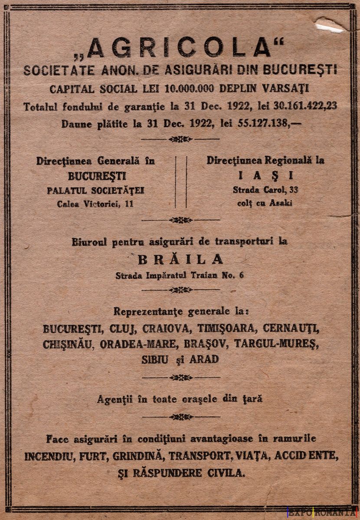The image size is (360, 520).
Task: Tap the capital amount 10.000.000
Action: [189, 88]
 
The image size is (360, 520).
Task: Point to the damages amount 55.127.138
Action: [264, 123]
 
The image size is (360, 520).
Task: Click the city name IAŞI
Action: [265, 175]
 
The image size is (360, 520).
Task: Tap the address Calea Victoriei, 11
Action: [95, 204]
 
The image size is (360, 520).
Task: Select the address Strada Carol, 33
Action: [265, 190]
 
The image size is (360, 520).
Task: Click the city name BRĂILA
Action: [180, 260]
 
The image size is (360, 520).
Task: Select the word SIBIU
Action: [155, 360]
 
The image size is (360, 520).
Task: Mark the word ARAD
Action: [203, 360]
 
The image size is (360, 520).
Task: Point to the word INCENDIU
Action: [49, 456]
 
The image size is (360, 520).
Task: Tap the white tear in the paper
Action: [330, 27]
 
